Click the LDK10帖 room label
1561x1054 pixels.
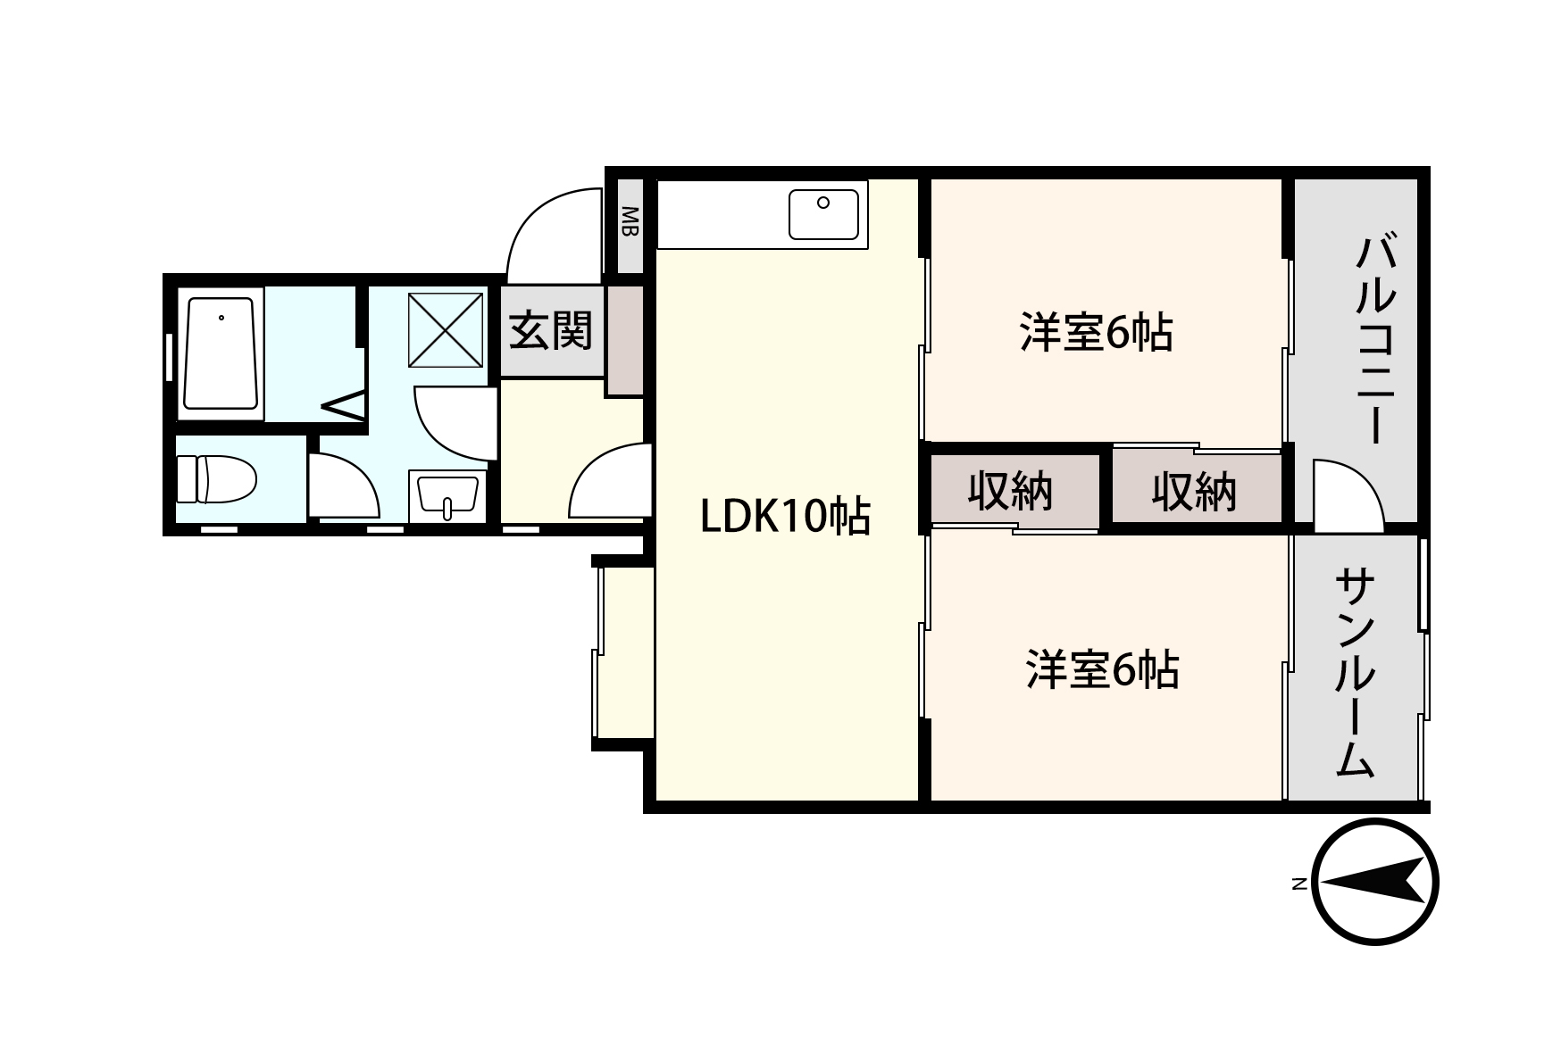[x=785, y=517]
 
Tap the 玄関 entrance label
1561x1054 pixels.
[x=551, y=332]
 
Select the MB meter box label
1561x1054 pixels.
[x=630, y=222]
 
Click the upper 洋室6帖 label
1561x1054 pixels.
[x=1096, y=333]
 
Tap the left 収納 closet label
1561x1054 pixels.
[x=1010, y=491]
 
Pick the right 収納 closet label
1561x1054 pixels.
[x=1193, y=492]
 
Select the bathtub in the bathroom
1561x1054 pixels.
[x=221, y=353]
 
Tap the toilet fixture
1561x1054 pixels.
[x=216, y=479]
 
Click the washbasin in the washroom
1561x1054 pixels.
[x=448, y=495]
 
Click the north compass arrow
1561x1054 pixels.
[x=1374, y=882]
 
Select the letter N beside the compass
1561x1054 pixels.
[x=1300, y=884]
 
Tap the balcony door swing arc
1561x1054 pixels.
[x=1347, y=491]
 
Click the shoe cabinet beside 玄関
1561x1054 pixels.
[x=625, y=340]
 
